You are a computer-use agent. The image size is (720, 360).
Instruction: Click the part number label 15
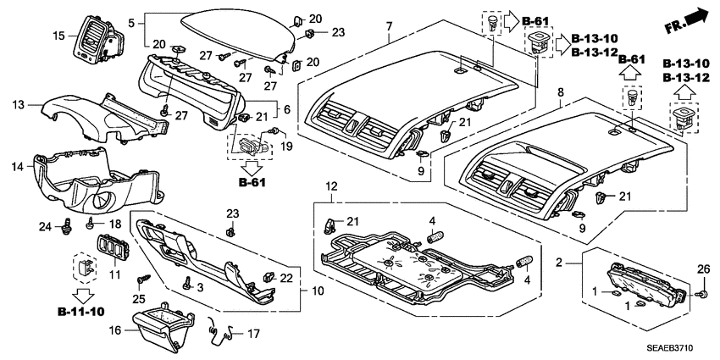58,35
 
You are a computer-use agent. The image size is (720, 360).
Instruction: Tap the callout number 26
702,270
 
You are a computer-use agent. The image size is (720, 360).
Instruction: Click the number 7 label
388,27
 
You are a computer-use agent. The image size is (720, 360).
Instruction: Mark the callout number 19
286,146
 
